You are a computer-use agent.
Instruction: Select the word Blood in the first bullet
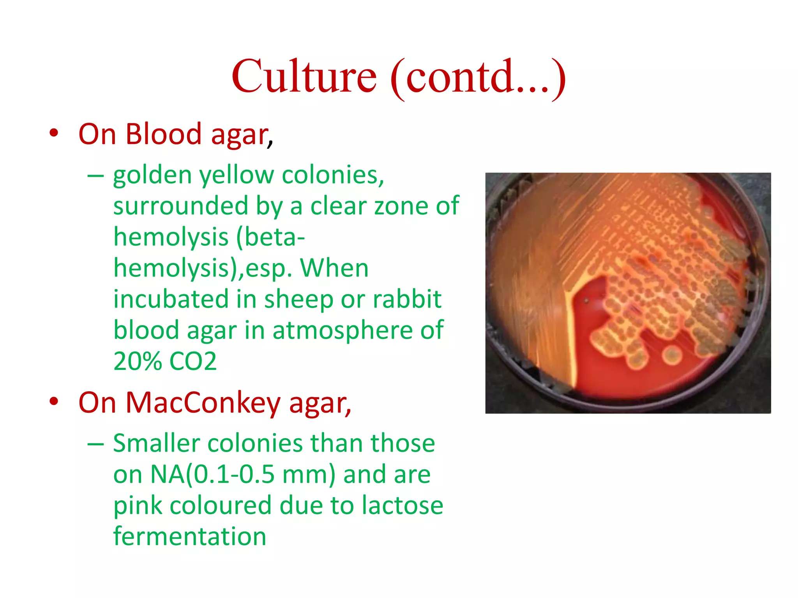point(163,134)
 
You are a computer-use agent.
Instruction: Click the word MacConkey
point(203,403)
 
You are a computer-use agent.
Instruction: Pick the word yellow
point(237,176)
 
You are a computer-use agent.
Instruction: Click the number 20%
point(137,361)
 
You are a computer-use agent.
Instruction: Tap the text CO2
point(193,361)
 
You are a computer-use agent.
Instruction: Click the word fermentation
point(190,536)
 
